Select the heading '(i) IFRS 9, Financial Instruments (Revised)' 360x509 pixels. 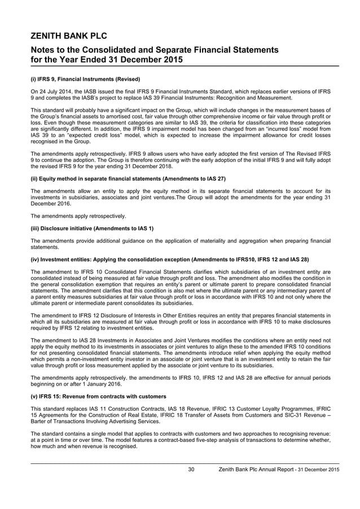[x=85, y=79]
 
